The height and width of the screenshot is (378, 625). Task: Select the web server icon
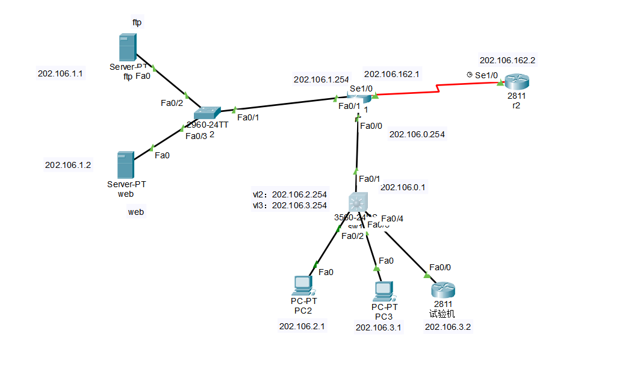point(125,164)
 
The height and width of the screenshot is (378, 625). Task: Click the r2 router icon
point(515,81)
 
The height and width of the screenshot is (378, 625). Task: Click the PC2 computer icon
point(302,285)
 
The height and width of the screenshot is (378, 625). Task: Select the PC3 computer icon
point(383,291)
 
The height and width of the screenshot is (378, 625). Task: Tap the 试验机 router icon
point(441,290)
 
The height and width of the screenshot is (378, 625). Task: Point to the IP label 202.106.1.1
point(60,73)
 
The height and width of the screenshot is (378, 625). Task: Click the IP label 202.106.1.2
point(68,165)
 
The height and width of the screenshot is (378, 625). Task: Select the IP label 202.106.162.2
point(508,60)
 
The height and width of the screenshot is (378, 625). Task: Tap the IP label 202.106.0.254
point(417,134)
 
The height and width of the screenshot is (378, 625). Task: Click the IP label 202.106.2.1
point(302,326)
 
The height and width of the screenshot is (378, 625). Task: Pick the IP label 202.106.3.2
point(448,327)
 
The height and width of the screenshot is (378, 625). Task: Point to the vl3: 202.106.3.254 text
point(290,205)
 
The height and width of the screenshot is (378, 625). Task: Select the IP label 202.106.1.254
point(322,79)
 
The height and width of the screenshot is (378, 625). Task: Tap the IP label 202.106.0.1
point(403,187)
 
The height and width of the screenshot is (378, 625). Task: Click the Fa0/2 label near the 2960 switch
point(171,103)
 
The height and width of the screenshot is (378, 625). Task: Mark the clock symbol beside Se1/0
point(469,75)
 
